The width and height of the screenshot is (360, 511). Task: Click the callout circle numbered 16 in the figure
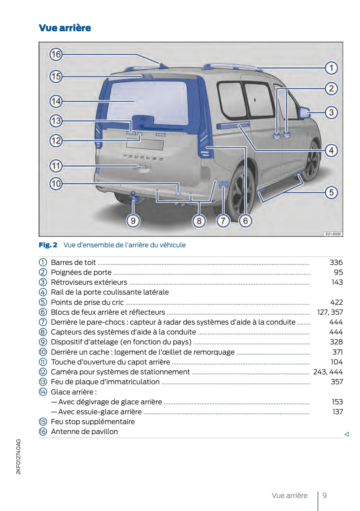pyautogui.click(x=56, y=54)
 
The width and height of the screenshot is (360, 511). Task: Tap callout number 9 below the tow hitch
pyautogui.click(x=133, y=221)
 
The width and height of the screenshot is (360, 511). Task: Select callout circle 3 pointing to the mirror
pyautogui.click(x=331, y=112)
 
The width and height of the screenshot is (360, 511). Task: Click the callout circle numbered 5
pyautogui.click(x=331, y=192)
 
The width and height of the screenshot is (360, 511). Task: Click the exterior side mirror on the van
pyautogui.click(x=304, y=112)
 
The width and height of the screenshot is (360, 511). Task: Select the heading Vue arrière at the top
pyautogui.click(x=65, y=28)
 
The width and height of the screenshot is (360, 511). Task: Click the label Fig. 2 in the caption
pyautogui.click(x=48, y=245)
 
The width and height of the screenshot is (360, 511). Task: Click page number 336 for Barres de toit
pyautogui.click(x=336, y=262)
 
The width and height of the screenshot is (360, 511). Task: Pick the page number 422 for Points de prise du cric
pyautogui.click(x=336, y=302)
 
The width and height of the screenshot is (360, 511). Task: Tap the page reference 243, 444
pyautogui.click(x=328, y=372)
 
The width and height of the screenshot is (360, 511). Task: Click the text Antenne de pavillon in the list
pyautogui.click(x=84, y=432)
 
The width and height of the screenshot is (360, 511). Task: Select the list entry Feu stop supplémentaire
pyautogui.click(x=93, y=422)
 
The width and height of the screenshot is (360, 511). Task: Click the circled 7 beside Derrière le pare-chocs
pyautogui.click(x=43, y=322)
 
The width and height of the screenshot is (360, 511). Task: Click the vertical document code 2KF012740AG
pyautogui.click(x=18, y=456)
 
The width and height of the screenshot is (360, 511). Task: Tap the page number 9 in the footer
pyautogui.click(x=324, y=496)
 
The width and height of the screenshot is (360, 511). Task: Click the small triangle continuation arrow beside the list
pyautogui.click(x=347, y=434)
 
